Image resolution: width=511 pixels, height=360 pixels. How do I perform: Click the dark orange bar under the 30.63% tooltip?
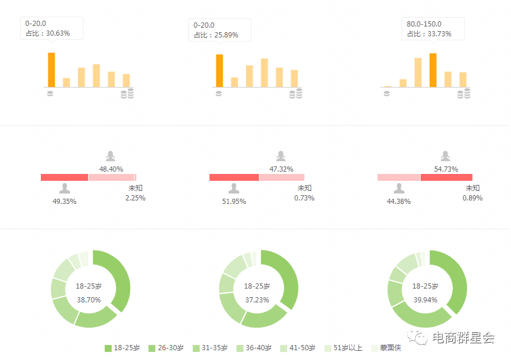tap(51, 70)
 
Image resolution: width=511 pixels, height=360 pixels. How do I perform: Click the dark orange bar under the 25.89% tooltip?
tap(219, 71)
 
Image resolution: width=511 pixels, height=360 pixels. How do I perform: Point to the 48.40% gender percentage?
tap(111, 169)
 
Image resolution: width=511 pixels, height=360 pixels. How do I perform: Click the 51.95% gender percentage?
tap(234, 202)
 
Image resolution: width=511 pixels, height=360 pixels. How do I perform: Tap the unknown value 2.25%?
tap(135, 198)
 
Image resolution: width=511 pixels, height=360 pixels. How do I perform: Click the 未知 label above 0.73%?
tap(304, 188)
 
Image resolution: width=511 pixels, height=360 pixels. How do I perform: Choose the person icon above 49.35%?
tap(64, 188)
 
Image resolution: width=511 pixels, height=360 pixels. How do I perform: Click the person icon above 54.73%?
tap(445, 156)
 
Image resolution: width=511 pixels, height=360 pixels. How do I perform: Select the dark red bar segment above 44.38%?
tap(446, 177)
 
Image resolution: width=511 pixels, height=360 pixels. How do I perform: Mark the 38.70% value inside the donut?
tap(88, 300)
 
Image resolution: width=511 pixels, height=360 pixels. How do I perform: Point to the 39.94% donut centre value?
tap(425, 300)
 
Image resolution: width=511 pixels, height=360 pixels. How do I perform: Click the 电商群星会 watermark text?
tap(462, 338)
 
